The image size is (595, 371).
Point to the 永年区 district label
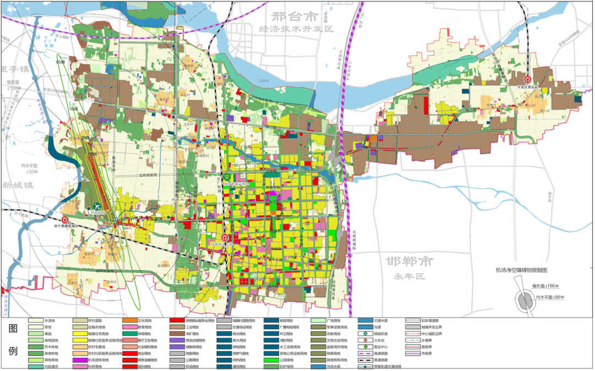coord(409,276)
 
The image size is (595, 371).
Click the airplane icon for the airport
coord(99,206)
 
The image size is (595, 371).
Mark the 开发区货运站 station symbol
coord(527,80)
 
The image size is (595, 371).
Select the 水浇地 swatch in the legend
coord(36,320)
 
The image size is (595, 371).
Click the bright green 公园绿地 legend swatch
coord(270,359)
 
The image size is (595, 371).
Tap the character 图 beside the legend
coord(13,329)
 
